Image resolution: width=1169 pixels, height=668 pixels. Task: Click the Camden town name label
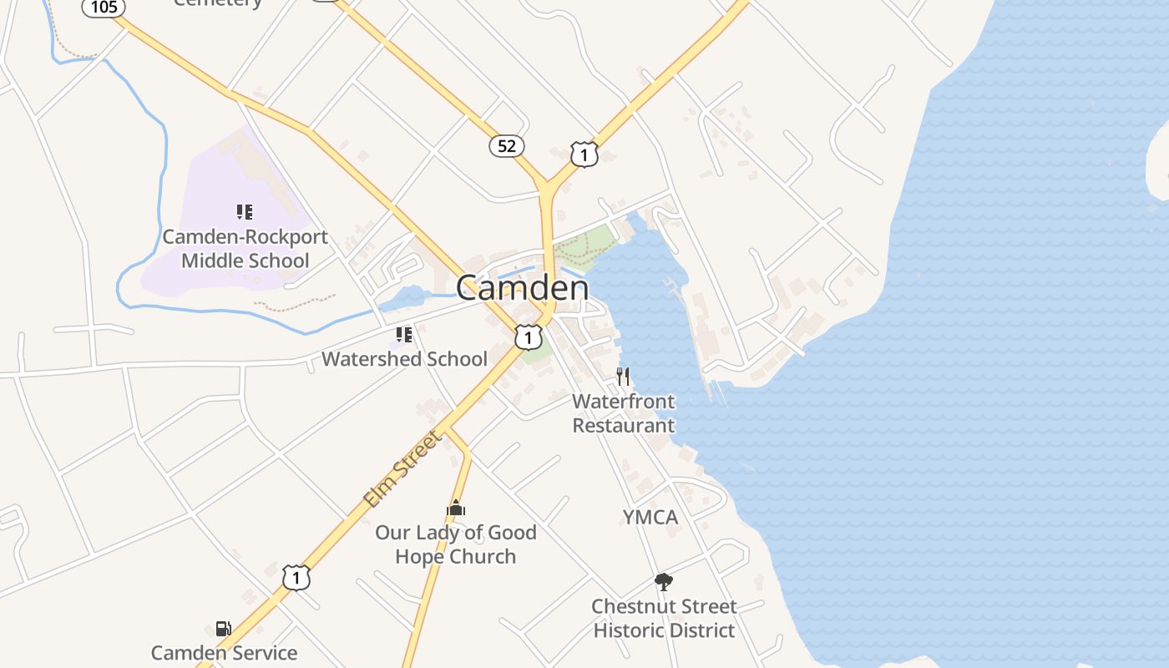(522, 288)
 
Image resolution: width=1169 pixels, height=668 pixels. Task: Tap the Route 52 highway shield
(507, 146)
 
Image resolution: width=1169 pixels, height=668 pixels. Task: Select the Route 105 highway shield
(104, 7)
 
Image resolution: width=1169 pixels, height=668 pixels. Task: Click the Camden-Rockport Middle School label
(245, 249)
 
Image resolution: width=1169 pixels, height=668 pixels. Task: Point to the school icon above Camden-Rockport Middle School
(244, 212)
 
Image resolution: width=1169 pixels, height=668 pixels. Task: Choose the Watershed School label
(404, 359)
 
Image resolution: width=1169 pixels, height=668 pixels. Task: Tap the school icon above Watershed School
(404, 336)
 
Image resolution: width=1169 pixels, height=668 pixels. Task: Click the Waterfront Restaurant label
(624, 413)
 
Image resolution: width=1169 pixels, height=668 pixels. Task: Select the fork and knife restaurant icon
(623, 376)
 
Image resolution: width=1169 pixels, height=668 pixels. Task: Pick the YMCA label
(650, 517)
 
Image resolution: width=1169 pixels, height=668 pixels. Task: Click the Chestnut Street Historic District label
(664, 618)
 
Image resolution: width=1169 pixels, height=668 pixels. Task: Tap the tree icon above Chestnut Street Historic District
(664, 582)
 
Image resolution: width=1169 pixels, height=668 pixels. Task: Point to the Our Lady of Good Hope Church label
(455, 544)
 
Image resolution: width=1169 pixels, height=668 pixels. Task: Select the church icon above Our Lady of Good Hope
(455, 508)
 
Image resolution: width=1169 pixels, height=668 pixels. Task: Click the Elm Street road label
(402, 469)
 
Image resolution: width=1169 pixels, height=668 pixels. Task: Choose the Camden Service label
(224, 653)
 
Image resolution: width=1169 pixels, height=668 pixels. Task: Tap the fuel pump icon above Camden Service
(223, 629)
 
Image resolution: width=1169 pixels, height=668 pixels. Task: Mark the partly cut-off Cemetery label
(218, 3)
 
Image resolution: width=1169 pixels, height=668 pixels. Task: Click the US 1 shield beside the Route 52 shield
(584, 154)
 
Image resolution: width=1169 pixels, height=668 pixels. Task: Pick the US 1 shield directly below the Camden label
(528, 337)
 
